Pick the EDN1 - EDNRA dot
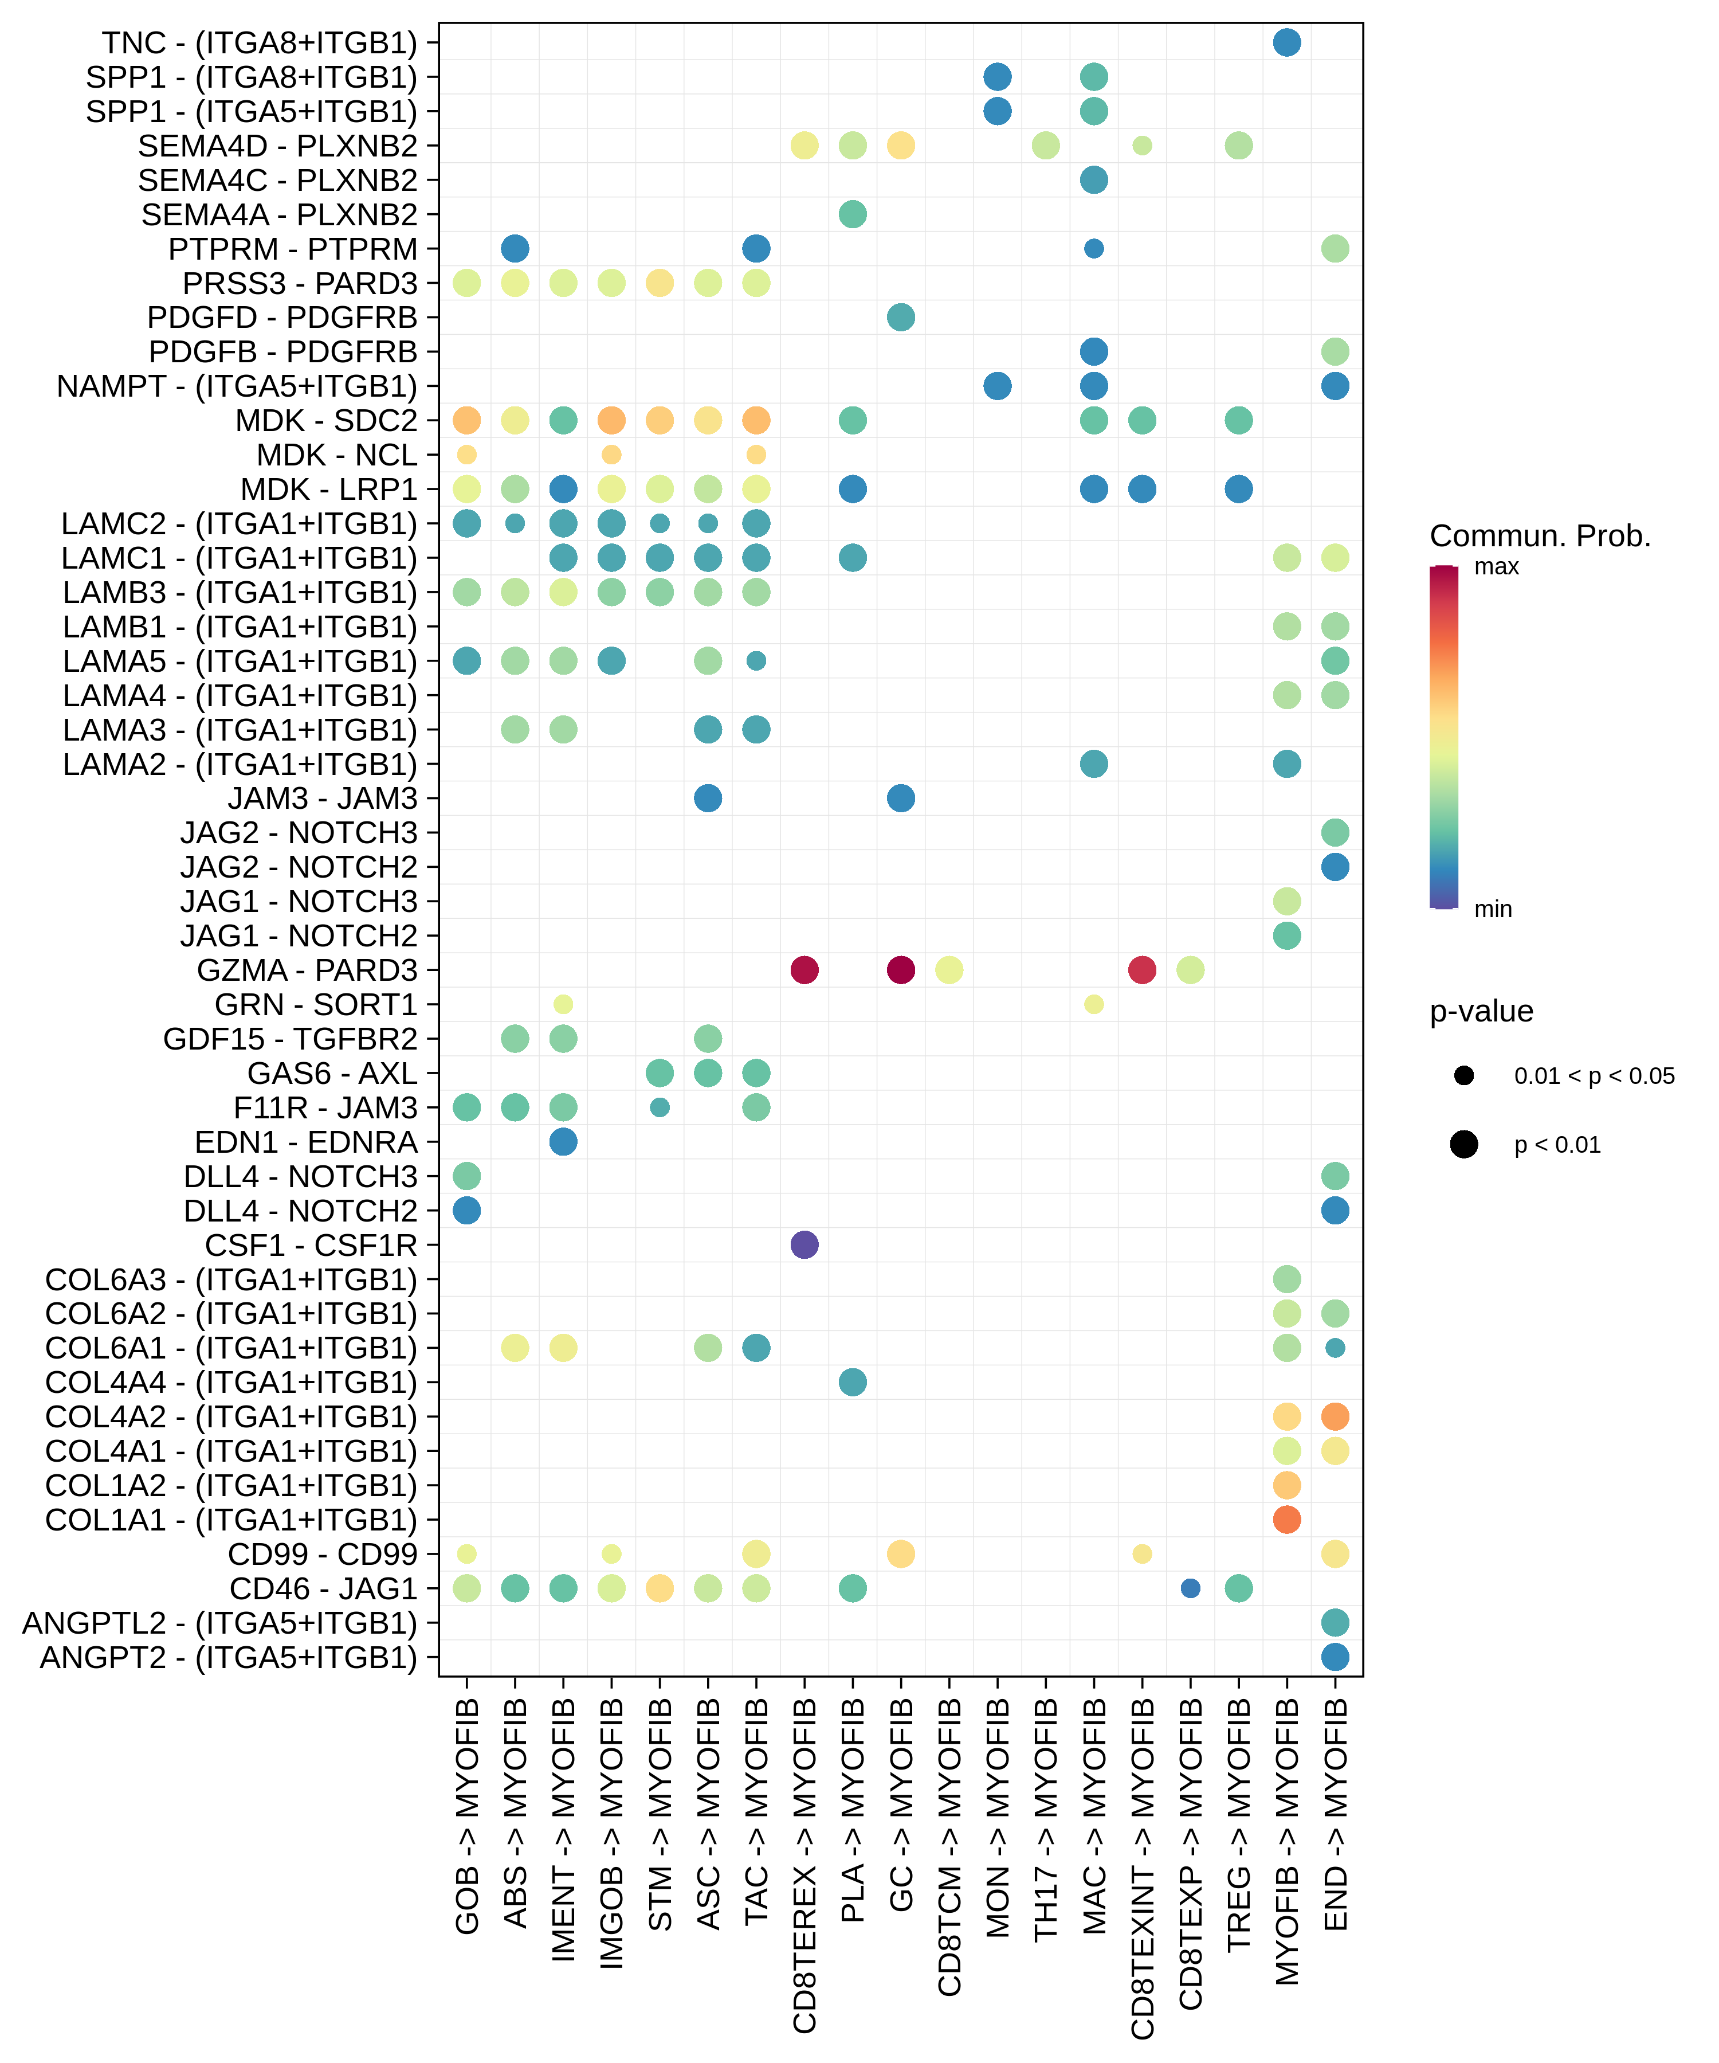pyautogui.click(x=563, y=1141)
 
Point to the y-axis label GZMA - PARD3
pyautogui.click(x=307, y=970)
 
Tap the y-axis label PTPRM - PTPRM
pyautogui.click(x=293, y=249)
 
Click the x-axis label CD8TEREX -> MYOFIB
pyautogui.click(x=804, y=1866)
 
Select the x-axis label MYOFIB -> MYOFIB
pyautogui.click(x=1287, y=1842)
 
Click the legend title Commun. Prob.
pyautogui.click(x=1539, y=537)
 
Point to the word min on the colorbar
pyautogui.click(x=1492, y=910)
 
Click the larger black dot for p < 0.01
pyautogui.click(x=1463, y=1145)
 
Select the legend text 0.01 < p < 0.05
pyautogui.click(x=1594, y=1076)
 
